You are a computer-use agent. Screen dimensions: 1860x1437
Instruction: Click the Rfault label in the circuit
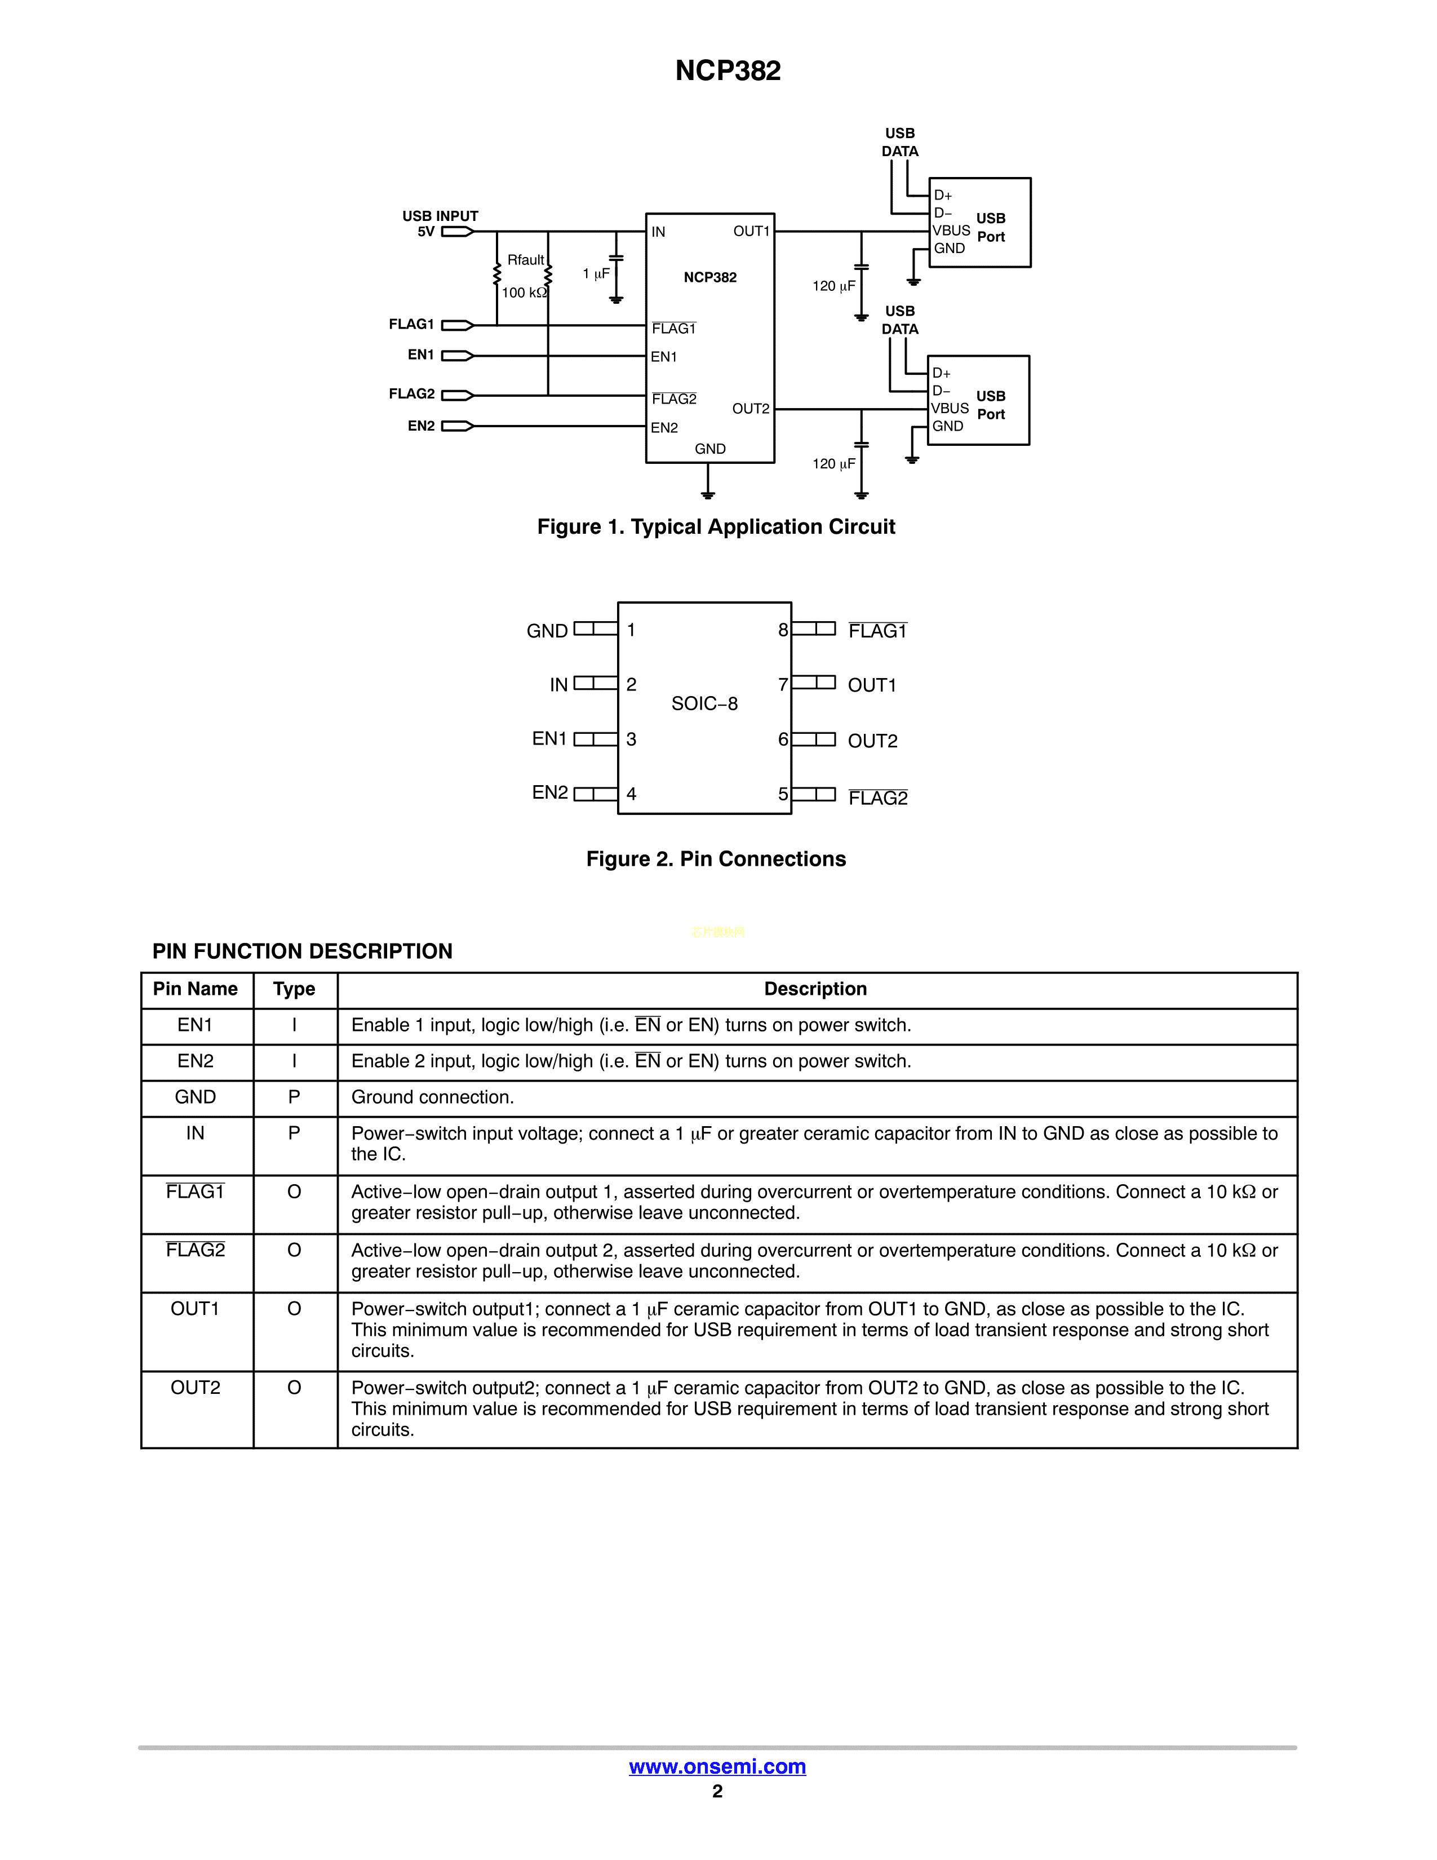pyautogui.click(x=525, y=260)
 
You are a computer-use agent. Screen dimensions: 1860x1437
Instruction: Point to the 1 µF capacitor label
pyautogui.click(x=596, y=273)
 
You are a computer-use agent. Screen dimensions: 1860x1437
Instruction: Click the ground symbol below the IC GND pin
pyautogui.click(x=707, y=494)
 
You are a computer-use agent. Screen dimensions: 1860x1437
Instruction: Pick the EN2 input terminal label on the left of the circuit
pyautogui.click(x=420, y=426)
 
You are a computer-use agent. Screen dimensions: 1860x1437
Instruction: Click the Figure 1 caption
pyautogui.click(x=716, y=527)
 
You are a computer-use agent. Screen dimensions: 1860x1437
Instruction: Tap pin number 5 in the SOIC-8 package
pyautogui.click(x=782, y=794)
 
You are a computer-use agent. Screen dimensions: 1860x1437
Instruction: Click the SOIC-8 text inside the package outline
pyautogui.click(x=704, y=703)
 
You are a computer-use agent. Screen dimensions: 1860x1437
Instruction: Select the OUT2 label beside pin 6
pyautogui.click(x=872, y=741)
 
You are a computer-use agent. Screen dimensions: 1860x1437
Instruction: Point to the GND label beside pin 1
pyautogui.click(x=547, y=631)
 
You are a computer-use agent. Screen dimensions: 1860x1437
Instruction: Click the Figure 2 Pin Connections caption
pyautogui.click(x=716, y=860)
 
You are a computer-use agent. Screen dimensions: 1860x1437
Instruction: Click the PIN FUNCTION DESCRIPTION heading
pyautogui.click(x=302, y=951)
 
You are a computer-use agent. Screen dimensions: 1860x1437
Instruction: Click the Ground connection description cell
pyautogui.click(x=432, y=1098)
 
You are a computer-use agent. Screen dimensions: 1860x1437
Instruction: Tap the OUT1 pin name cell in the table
pyautogui.click(x=195, y=1309)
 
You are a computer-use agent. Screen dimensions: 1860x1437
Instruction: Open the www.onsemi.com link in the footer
pyautogui.click(x=717, y=1766)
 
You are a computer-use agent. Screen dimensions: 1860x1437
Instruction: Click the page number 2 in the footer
pyautogui.click(x=717, y=1791)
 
